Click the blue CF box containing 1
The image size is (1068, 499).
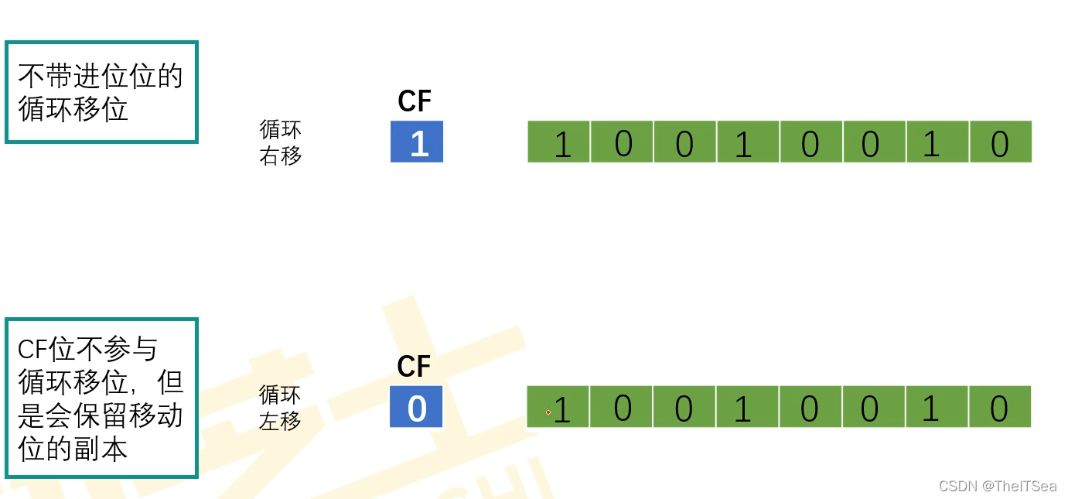(417, 142)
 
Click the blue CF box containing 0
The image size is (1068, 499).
(416, 407)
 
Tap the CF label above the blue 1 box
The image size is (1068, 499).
(415, 101)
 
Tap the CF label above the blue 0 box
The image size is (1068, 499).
(414, 367)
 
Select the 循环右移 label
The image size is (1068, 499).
(281, 142)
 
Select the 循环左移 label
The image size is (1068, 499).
(280, 408)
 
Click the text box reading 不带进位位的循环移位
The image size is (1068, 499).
(101, 93)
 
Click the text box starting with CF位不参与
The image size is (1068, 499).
(101, 398)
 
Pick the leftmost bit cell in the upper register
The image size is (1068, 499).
(559, 142)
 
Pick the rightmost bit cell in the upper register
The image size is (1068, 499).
(1001, 142)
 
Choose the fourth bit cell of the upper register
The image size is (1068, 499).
(749, 142)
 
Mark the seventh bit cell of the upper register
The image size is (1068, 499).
(938, 142)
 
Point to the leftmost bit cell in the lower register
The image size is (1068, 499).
(558, 407)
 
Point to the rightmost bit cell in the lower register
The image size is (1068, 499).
(1000, 407)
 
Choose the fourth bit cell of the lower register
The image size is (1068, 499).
(747, 407)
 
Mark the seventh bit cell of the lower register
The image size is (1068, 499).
(937, 407)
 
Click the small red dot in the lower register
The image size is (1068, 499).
(548, 412)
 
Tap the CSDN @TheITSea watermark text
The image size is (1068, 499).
(997, 486)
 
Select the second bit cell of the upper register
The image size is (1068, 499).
(623, 142)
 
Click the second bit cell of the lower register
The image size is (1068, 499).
(622, 407)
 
